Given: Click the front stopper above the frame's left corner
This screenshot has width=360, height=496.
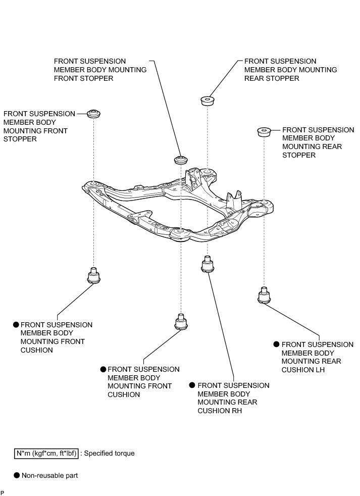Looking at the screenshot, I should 93,113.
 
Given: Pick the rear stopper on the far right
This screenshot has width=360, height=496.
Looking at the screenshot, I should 263,132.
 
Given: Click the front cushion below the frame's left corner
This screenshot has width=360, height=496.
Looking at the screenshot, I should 93,276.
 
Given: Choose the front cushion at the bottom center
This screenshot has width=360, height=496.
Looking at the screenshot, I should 181,322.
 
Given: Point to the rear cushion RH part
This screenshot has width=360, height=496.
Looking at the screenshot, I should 207,265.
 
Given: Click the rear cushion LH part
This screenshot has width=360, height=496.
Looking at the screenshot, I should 263,295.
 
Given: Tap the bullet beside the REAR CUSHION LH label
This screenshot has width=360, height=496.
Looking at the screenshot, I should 276,344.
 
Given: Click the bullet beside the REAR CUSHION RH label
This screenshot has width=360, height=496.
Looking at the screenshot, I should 192,385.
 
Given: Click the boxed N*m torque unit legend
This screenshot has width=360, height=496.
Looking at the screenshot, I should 46,453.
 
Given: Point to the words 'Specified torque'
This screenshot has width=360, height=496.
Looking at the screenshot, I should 109,453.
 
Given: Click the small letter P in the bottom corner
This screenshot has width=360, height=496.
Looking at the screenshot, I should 3,492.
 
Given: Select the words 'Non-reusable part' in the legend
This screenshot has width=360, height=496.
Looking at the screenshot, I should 49,475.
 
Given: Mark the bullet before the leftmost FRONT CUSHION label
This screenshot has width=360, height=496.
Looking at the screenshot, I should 16,325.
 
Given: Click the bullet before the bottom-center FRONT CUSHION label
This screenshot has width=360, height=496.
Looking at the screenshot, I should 103,369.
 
